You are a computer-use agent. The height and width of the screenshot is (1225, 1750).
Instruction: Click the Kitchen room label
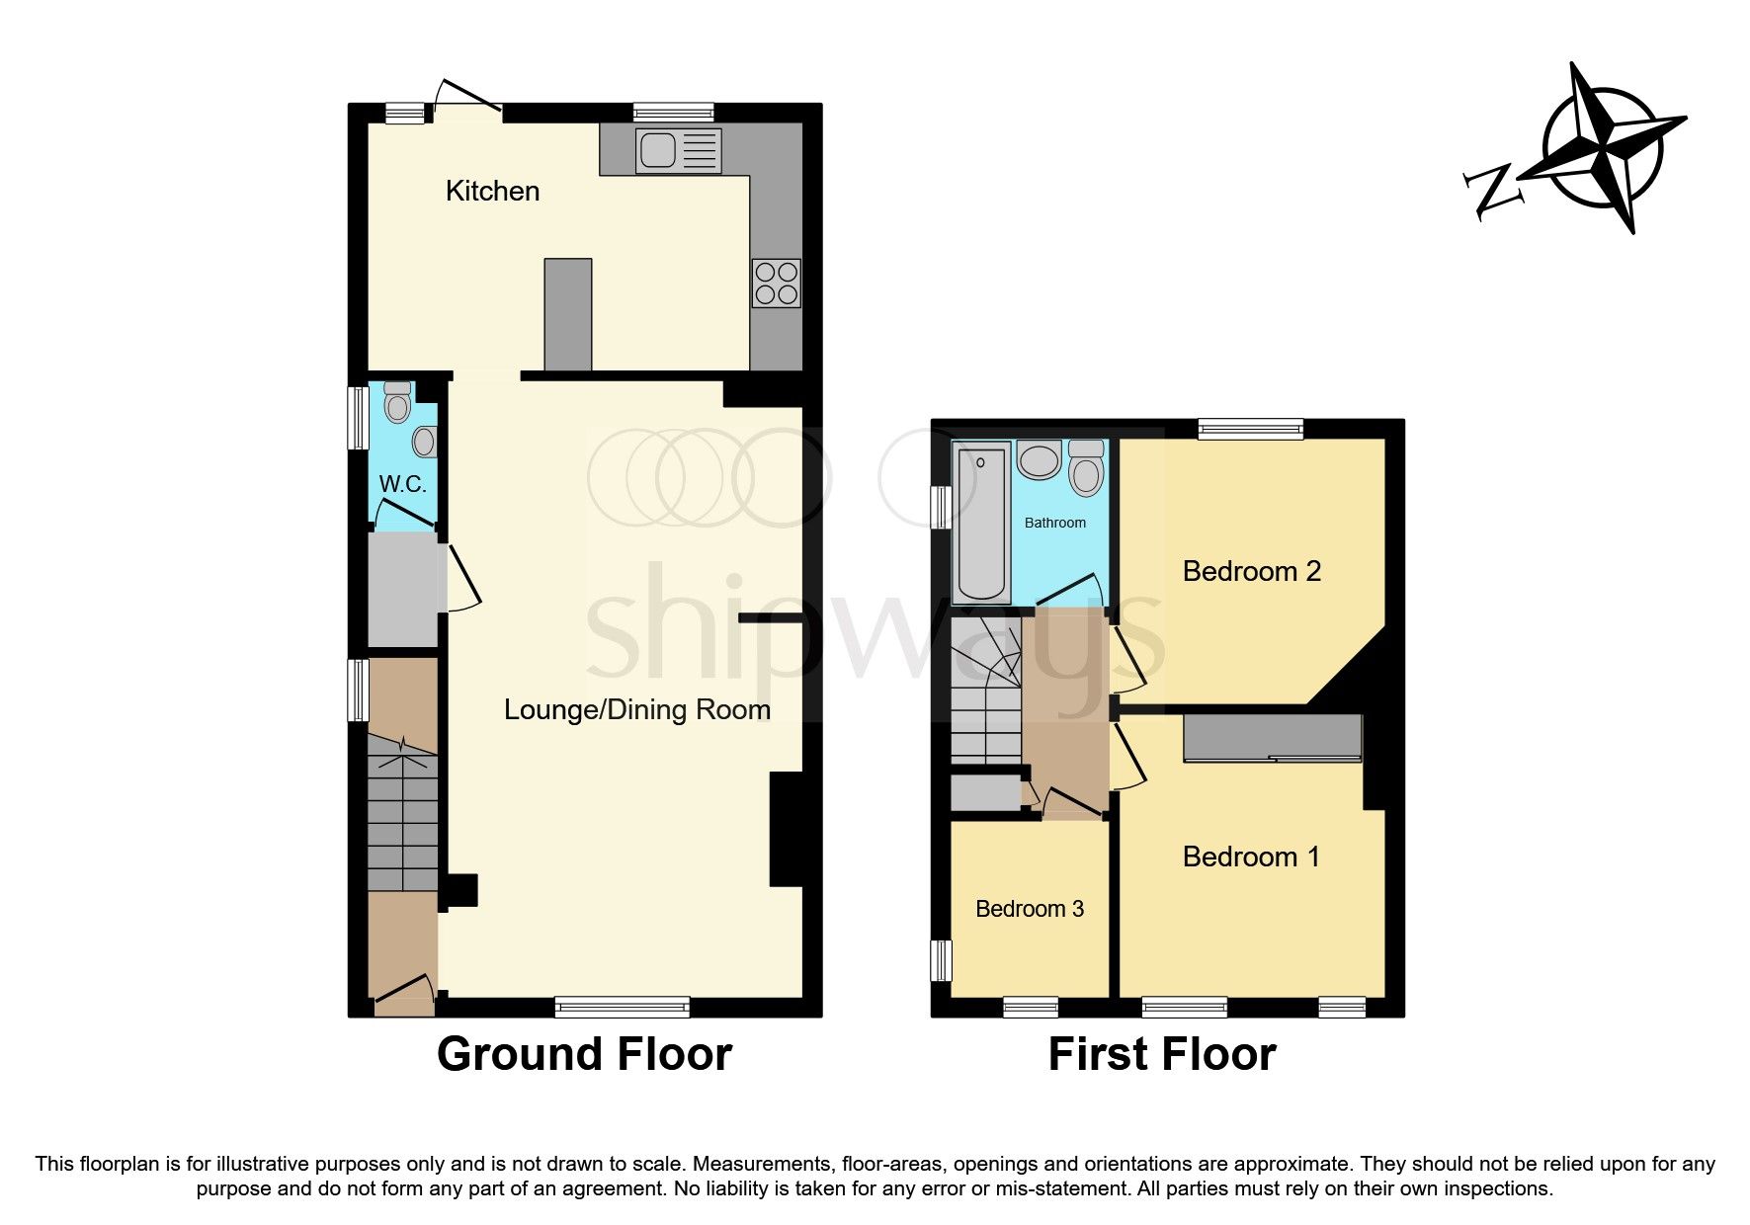click(x=492, y=191)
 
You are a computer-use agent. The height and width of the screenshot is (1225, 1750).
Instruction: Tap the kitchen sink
click(x=679, y=151)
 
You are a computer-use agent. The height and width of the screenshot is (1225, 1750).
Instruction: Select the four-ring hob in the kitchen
click(x=776, y=283)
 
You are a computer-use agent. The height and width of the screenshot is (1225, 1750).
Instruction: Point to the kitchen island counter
click(x=568, y=314)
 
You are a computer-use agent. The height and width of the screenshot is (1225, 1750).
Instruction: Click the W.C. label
click(x=403, y=484)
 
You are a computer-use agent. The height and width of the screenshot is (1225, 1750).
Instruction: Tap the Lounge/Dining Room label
click(x=636, y=709)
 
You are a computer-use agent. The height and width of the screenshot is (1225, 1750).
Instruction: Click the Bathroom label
click(x=1054, y=523)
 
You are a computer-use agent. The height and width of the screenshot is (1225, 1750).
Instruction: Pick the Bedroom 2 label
click(x=1251, y=571)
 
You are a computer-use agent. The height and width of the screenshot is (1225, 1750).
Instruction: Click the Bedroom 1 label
click(x=1251, y=857)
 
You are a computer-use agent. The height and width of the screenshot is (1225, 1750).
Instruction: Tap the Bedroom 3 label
click(x=1030, y=909)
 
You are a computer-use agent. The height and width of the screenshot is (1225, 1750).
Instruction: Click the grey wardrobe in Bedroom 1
click(x=1273, y=738)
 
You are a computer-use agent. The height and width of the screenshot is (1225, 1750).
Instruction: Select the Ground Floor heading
click(x=584, y=1054)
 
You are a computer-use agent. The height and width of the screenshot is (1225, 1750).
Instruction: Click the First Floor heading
click(x=1162, y=1054)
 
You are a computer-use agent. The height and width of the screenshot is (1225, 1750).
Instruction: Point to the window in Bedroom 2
click(x=1251, y=428)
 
